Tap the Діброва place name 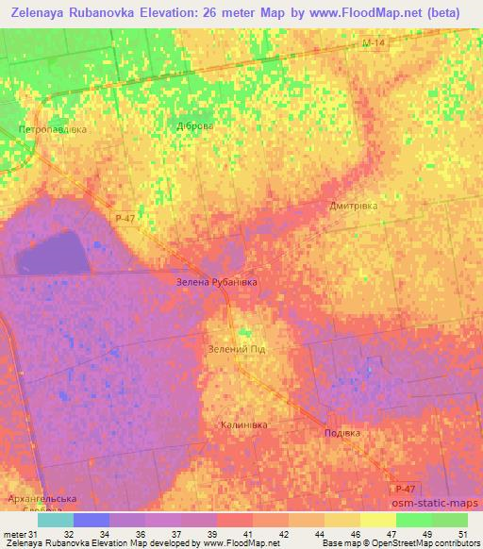pos(195,126)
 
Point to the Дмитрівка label pos(354,206)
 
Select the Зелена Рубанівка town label pos(217,281)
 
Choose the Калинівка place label pos(243,424)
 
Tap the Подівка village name pos(341,433)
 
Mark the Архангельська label pos(40,497)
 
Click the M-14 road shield pos(374,42)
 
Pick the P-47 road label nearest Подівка pos(405,488)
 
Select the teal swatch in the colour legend pos(56,520)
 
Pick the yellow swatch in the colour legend pos(378,520)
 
